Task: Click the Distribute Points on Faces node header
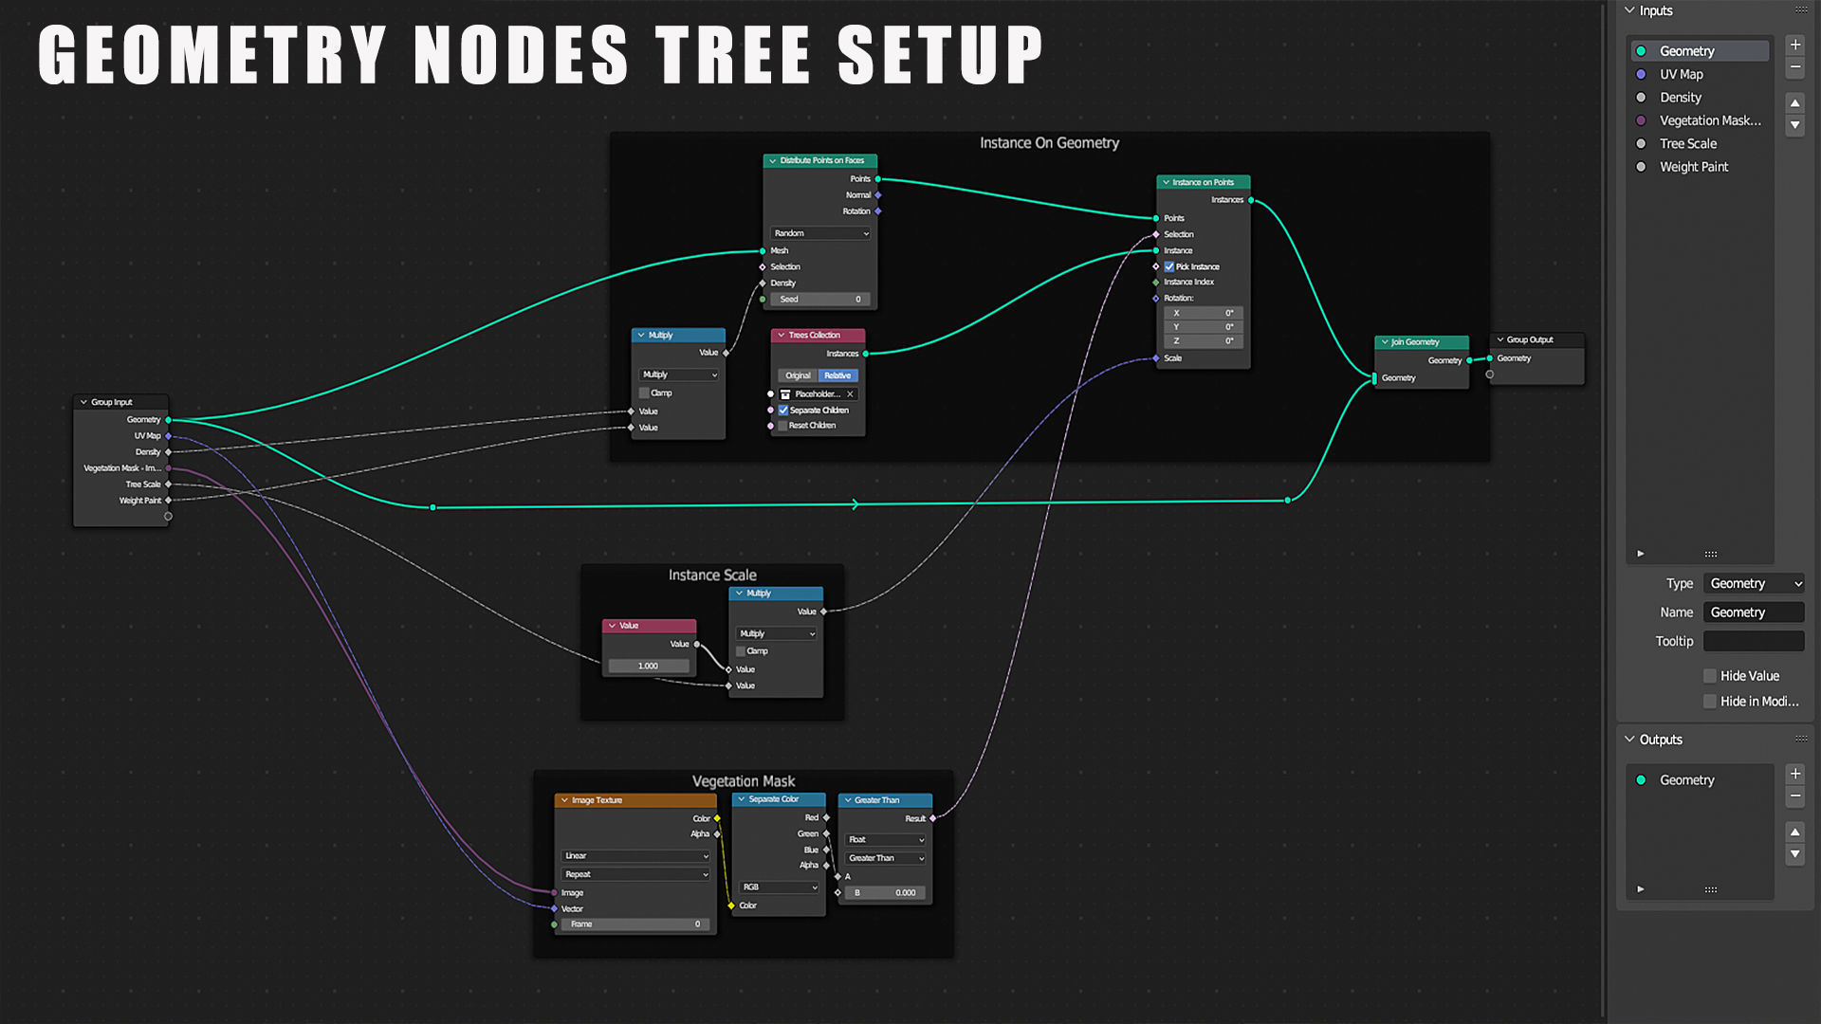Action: click(821, 161)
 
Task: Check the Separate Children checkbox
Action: click(783, 411)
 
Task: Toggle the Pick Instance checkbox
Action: click(1169, 267)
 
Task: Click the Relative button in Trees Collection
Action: click(837, 375)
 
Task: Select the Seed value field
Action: click(820, 300)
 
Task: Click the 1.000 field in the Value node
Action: click(649, 667)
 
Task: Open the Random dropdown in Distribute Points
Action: click(820, 233)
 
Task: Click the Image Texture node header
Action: click(635, 800)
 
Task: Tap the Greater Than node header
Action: click(885, 800)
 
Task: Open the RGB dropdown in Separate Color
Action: click(780, 887)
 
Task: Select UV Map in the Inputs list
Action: click(1681, 74)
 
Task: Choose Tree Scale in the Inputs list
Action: click(1687, 144)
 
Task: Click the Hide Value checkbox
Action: click(1710, 676)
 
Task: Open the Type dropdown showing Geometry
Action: click(1755, 584)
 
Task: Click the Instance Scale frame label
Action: click(712, 576)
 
